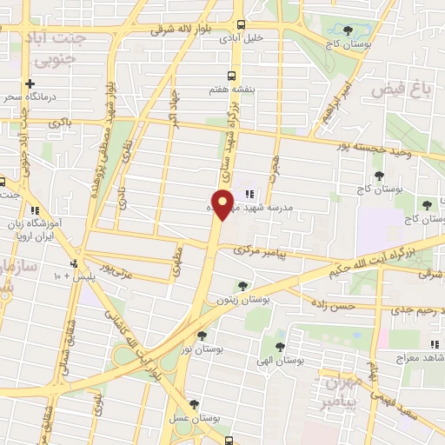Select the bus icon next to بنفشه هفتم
(x=231, y=76)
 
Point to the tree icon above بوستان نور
(x=203, y=335)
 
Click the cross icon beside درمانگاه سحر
(x=31, y=84)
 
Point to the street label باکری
(x=61, y=123)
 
